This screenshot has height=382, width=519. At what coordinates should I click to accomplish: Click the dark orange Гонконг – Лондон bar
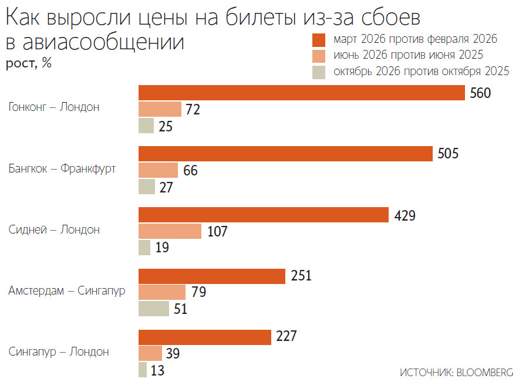(301, 93)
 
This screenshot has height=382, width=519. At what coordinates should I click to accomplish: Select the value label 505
(448, 154)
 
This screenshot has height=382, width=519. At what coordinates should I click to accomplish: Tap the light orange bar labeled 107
(170, 231)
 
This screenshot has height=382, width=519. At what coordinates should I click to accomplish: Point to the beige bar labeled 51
(153, 308)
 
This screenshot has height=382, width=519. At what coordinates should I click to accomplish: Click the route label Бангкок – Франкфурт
(62, 169)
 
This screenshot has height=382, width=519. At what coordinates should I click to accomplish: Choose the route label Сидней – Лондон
(54, 229)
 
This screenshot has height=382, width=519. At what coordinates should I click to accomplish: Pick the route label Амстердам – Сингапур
(67, 290)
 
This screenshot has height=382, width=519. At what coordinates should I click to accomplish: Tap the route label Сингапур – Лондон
(59, 351)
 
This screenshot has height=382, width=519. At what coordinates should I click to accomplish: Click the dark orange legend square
(319, 40)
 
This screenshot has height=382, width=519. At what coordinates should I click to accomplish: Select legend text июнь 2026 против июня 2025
(408, 55)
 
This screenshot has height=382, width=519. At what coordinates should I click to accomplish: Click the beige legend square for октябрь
(319, 72)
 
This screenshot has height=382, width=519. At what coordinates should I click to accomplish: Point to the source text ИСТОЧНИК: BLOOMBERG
(456, 372)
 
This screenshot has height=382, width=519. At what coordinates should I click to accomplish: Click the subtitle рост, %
(29, 63)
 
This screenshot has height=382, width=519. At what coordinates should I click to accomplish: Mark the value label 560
(480, 93)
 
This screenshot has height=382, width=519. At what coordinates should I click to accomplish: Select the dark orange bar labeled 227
(204, 337)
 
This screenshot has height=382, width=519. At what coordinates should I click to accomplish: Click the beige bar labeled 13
(142, 370)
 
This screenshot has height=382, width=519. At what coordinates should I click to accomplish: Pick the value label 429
(405, 215)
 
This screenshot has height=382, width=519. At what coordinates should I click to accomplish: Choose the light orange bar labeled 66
(158, 170)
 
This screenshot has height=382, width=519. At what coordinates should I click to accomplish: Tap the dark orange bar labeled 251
(211, 276)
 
